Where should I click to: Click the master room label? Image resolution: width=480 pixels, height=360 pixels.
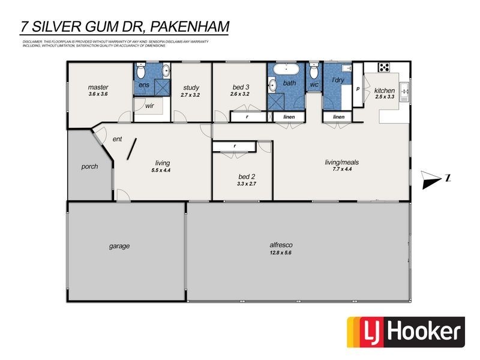[x=98, y=88]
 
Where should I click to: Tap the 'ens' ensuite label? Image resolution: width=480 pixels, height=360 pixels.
[x=144, y=85]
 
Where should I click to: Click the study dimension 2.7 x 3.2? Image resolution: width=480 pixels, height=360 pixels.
[x=191, y=94]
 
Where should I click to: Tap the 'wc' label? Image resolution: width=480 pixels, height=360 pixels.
[x=314, y=84]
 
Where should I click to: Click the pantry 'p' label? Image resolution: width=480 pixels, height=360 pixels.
[x=358, y=88]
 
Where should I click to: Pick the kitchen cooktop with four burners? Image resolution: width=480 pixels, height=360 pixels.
[x=385, y=67]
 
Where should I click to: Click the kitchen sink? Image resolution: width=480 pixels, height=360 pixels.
[x=404, y=91]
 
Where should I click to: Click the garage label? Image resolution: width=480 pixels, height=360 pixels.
[x=119, y=246]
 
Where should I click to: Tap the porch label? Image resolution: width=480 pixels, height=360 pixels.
[x=90, y=166]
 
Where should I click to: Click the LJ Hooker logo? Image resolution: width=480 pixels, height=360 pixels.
[x=406, y=332]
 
